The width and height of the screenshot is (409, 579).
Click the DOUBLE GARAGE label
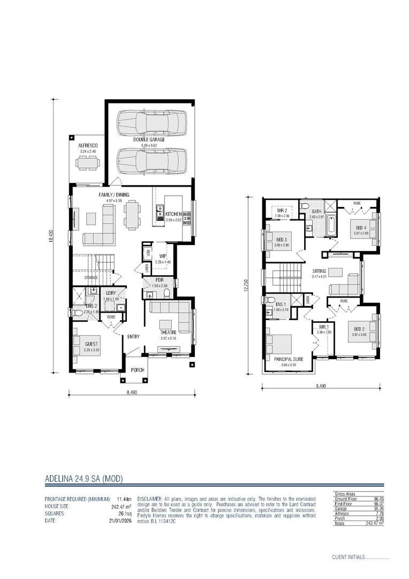[x=149, y=139]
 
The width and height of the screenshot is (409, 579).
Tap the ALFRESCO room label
[x=87, y=145]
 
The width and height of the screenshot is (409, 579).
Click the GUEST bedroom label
[x=92, y=344]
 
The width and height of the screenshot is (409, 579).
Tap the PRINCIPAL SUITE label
[x=288, y=359]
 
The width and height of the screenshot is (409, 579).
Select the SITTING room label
[x=319, y=271]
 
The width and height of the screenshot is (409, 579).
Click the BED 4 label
[x=361, y=227]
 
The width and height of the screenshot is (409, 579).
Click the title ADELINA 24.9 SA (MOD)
[x=84, y=478]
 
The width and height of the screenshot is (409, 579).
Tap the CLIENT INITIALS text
[x=347, y=557]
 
